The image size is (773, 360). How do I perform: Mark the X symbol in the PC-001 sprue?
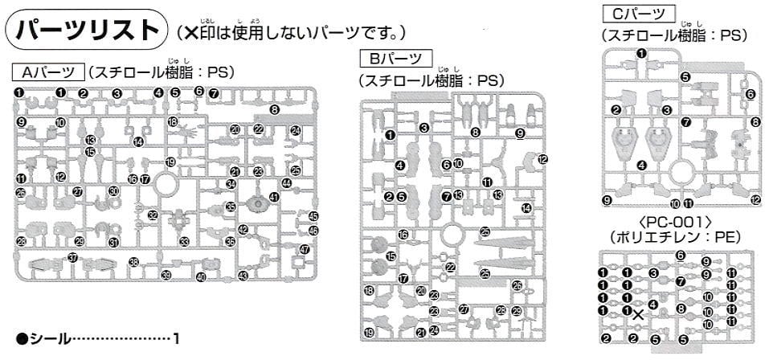(x=637, y=314)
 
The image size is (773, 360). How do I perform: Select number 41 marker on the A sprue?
(x=274, y=198)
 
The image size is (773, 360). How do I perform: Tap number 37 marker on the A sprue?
(x=72, y=258)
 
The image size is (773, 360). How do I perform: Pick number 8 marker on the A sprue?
(x=274, y=108)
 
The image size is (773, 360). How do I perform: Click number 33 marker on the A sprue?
(x=184, y=241)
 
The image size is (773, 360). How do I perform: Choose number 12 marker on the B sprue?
(x=542, y=159)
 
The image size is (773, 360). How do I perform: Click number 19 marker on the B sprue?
(x=369, y=333)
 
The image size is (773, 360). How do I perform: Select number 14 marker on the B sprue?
(x=526, y=208)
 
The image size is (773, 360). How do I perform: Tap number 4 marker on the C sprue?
(x=641, y=166)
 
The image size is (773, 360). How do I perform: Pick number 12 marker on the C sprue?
(x=755, y=200)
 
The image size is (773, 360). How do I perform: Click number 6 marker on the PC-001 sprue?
(x=680, y=256)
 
